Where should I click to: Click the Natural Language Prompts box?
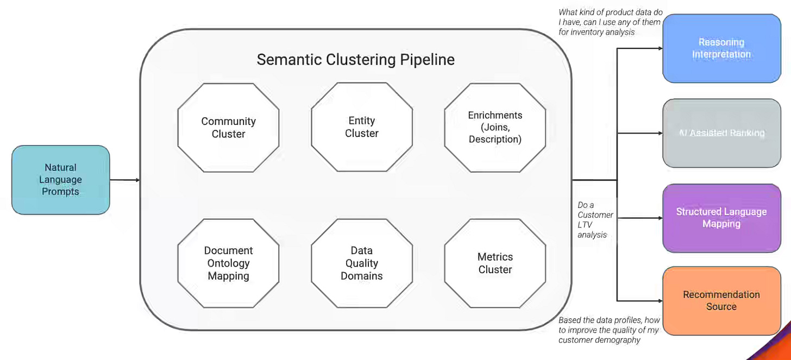pyautogui.click(x=61, y=180)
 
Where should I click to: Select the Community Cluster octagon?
pyautogui.click(x=229, y=128)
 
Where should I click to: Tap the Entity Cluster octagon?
pyautogui.click(x=362, y=127)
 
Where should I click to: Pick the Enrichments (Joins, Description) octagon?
pyautogui.click(x=495, y=128)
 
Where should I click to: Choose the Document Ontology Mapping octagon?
pyautogui.click(x=229, y=263)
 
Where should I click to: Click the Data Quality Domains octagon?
pyautogui.click(x=362, y=263)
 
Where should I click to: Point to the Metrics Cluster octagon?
pyautogui.click(x=495, y=263)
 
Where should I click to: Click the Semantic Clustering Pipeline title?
pyautogui.click(x=356, y=60)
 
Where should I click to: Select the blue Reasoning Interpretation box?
pyautogui.click(x=722, y=48)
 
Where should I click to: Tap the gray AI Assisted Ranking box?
pyautogui.click(x=722, y=133)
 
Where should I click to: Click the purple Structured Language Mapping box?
pyautogui.click(x=722, y=218)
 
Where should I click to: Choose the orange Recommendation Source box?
pyautogui.click(x=722, y=301)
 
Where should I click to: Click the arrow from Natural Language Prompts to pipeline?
pyautogui.click(x=125, y=180)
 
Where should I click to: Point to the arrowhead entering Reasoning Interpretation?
pyautogui.click(x=661, y=48)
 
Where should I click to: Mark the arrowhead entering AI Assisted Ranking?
pyautogui.click(x=661, y=133)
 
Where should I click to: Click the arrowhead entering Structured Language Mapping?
pyautogui.click(x=661, y=218)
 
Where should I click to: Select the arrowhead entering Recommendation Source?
pyautogui.click(x=661, y=301)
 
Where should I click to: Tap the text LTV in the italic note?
pyautogui.click(x=585, y=225)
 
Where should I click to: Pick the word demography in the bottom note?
pyautogui.click(x=622, y=340)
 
